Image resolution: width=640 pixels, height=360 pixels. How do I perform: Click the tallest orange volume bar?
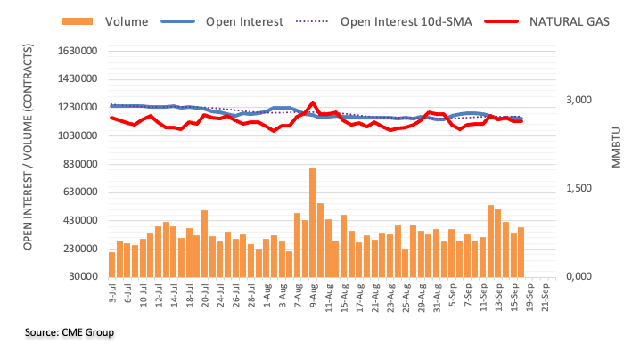[x=312, y=222]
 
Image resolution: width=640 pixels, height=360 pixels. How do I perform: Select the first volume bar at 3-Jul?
[x=112, y=265]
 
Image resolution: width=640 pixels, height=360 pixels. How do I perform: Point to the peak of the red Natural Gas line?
[x=312, y=103]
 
